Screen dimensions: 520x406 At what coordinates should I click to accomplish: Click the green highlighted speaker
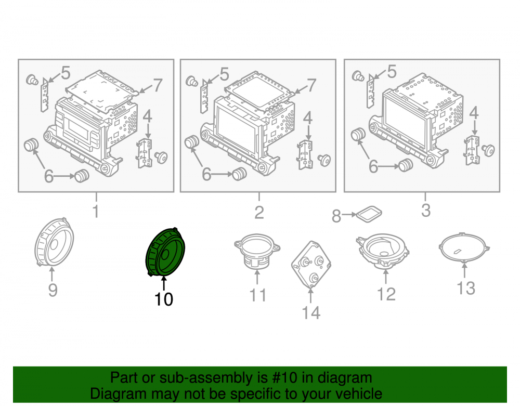coord(165,252)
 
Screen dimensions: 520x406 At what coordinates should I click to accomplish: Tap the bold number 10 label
coord(164,299)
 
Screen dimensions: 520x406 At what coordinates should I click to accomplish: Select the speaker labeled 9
coord(54,242)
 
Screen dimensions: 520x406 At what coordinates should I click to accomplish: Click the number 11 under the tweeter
coord(258,295)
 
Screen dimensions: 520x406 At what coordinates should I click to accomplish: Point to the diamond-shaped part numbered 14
coord(311,264)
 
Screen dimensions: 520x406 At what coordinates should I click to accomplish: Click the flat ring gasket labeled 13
coord(464,248)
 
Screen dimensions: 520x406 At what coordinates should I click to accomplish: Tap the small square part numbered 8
coord(369,214)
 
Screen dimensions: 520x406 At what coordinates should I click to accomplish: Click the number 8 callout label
coord(336,216)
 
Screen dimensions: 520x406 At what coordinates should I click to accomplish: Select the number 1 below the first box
coord(96,212)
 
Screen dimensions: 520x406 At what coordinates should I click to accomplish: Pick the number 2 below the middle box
coord(259,213)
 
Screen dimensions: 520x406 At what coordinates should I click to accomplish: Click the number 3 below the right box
coord(426,210)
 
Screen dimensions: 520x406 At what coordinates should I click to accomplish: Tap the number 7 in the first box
coord(158,85)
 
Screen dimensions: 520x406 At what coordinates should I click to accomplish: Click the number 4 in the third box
coord(474,113)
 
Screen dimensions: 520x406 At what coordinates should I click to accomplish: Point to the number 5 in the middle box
coord(225,74)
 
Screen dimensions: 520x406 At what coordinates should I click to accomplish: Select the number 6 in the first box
coord(49,176)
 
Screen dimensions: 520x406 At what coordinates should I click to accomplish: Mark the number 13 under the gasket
coord(466,288)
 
